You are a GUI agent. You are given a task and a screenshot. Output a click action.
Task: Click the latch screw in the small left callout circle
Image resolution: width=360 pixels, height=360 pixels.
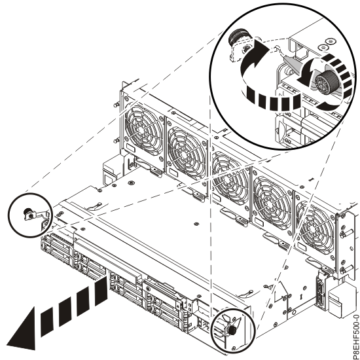click(x=29, y=213)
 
